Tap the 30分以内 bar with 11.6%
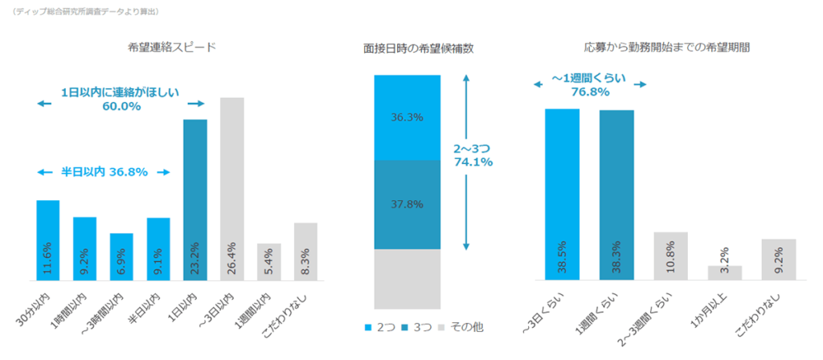click(47, 240)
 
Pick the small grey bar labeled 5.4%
click(268, 262)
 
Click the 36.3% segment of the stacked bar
click(407, 117)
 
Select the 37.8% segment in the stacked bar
click(407, 204)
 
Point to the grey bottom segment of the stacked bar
click(407, 278)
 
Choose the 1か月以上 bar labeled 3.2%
click(725, 272)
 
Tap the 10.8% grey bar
click(670, 256)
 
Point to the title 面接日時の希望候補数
click(417, 48)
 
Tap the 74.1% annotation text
click(473, 162)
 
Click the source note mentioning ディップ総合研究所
click(85, 11)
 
